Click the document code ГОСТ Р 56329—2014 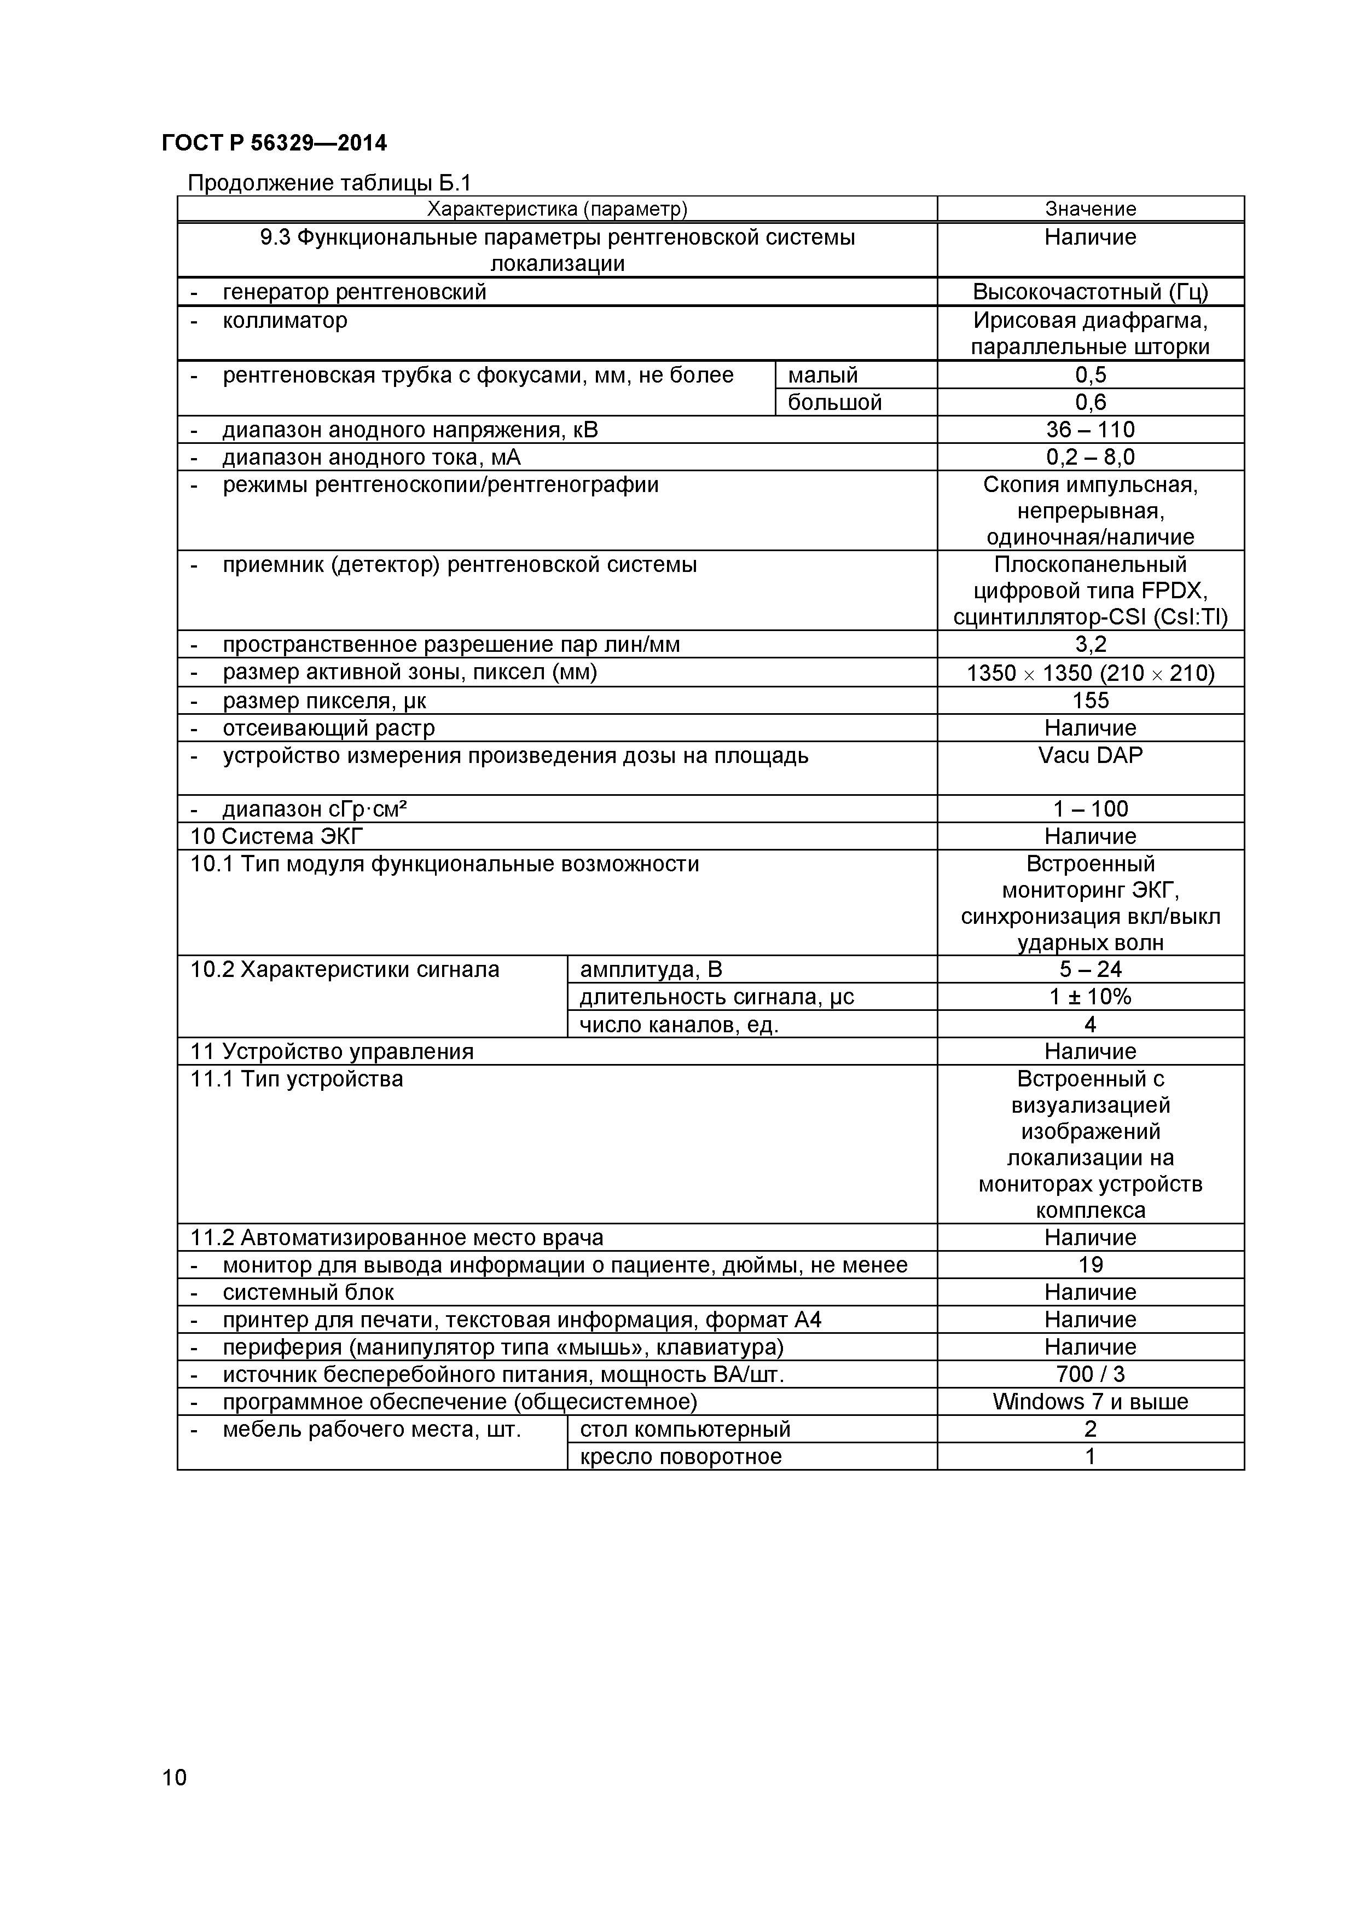click(274, 143)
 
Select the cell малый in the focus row click(823, 375)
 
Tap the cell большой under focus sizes click(834, 403)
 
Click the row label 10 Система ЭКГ click(277, 836)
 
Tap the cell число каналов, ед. click(679, 1025)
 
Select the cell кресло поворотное click(681, 1457)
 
